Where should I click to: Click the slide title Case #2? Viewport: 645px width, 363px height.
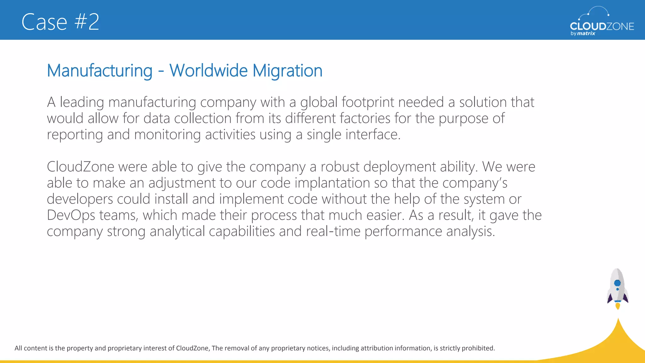click(60, 22)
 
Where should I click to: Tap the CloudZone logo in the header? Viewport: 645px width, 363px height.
click(602, 22)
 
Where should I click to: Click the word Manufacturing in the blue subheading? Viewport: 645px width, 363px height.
click(100, 71)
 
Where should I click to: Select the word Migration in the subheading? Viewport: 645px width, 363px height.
click(287, 71)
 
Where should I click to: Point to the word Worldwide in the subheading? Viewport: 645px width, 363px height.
click(208, 71)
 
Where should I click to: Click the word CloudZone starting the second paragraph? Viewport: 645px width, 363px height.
click(80, 167)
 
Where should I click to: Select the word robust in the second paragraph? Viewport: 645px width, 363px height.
click(340, 167)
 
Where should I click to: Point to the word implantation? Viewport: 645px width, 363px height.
click(332, 183)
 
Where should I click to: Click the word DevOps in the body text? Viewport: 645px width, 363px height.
click(71, 215)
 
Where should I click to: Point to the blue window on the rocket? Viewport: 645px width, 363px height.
click(617, 283)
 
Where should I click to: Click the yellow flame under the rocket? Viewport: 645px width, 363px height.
click(618, 306)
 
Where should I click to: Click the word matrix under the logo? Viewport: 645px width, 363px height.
click(586, 33)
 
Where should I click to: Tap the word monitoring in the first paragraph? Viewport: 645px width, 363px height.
click(167, 135)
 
